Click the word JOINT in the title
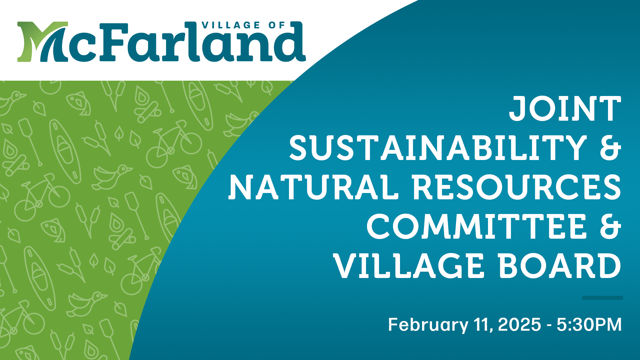565,108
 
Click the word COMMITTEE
477,226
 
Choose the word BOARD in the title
560,266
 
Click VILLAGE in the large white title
409,266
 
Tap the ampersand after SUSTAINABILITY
611,148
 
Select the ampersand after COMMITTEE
611,226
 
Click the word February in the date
428,325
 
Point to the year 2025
519,325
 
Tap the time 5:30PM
589,325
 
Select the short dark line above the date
602,298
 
